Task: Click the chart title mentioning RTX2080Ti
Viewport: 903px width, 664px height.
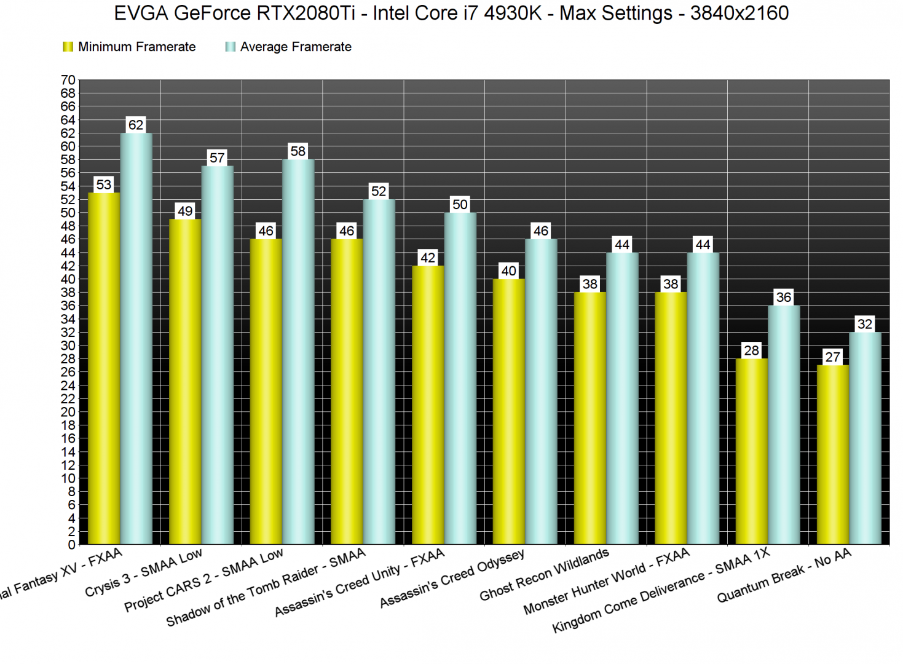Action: coord(451,14)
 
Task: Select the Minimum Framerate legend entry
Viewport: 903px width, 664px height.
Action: coord(130,47)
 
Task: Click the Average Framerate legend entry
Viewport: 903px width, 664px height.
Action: coord(289,47)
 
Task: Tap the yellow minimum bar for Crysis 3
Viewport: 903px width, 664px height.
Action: coord(185,381)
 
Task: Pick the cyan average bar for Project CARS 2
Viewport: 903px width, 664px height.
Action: coord(298,350)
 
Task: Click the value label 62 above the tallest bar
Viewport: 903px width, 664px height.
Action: coord(136,125)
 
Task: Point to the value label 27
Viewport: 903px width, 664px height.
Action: coord(832,357)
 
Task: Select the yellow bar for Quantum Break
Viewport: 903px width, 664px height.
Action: coord(832,455)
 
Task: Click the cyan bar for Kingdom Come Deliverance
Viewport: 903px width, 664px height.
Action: coord(784,424)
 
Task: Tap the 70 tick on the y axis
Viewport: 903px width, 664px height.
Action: coord(68,80)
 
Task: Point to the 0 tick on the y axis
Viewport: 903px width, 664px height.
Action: coord(72,545)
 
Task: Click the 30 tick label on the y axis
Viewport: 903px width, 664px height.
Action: coord(68,346)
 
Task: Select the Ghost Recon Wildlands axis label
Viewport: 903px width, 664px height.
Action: coord(544,574)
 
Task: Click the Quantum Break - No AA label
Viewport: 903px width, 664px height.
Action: coord(784,575)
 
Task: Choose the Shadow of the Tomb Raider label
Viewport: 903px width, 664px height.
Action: coord(266,587)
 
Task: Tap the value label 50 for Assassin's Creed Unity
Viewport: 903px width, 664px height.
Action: coord(460,205)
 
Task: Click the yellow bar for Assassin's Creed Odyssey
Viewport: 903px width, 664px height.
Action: coord(508,412)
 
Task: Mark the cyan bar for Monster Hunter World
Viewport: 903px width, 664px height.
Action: coord(703,400)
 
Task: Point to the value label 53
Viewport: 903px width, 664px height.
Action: coord(104,184)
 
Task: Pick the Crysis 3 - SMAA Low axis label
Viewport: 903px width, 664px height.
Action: coord(143,572)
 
